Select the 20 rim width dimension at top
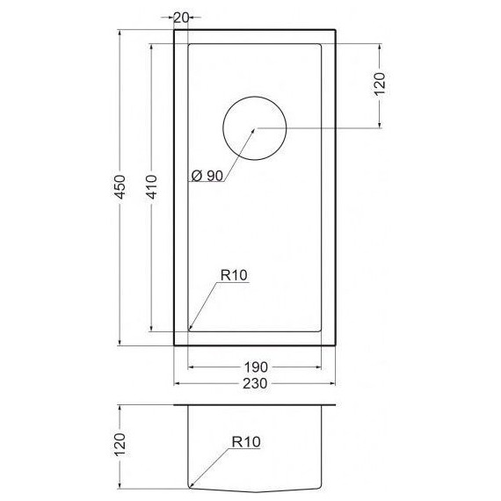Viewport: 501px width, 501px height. click(x=182, y=17)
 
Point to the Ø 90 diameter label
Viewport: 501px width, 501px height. click(x=207, y=176)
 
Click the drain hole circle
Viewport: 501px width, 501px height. click(x=255, y=128)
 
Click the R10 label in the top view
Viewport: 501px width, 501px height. click(x=234, y=275)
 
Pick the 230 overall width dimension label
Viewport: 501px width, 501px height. click(x=256, y=384)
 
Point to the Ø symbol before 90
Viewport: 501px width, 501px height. click(x=195, y=176)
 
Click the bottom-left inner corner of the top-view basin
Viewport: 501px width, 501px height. click(x=189, y=330)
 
